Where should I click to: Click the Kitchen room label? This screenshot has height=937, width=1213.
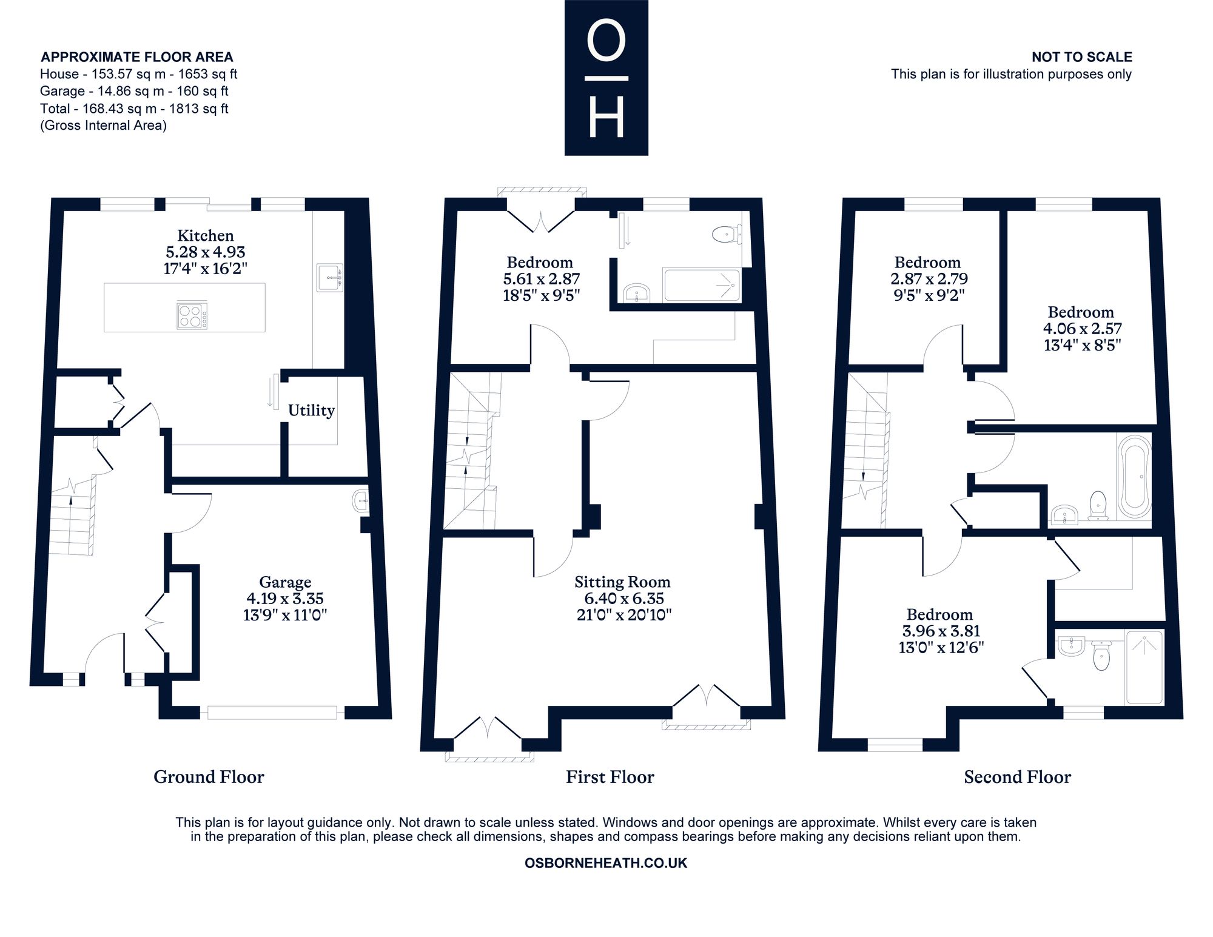click(205, 235)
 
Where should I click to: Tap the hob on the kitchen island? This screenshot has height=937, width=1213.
click(192, 315)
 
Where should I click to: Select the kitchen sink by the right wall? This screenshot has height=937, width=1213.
click(329, 278)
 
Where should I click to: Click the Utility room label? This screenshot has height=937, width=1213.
click(311, 411)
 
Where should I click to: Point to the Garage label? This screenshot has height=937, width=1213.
click(285, 582)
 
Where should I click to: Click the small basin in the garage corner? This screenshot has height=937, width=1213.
click(360, 501)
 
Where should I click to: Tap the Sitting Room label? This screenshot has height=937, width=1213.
click(622, 582)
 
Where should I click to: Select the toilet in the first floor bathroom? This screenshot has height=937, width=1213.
click(727, 234)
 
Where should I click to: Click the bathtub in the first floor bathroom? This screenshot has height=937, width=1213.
click(702, 285)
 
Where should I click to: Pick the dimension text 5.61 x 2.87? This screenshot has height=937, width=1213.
click(542, 279)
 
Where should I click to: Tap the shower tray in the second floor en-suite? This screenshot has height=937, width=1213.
click(1144, 667)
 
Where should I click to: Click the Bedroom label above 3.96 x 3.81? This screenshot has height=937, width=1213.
click(939, 614)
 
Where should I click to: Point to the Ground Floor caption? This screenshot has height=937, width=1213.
click(209, 777)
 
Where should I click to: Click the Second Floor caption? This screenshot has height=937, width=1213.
click(1018, 777)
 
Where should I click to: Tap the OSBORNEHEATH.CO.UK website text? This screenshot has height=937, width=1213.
click(606, 863)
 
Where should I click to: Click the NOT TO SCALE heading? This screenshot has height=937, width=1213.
click(1082, 57)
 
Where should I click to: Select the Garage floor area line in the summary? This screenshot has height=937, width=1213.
click(134, 91)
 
